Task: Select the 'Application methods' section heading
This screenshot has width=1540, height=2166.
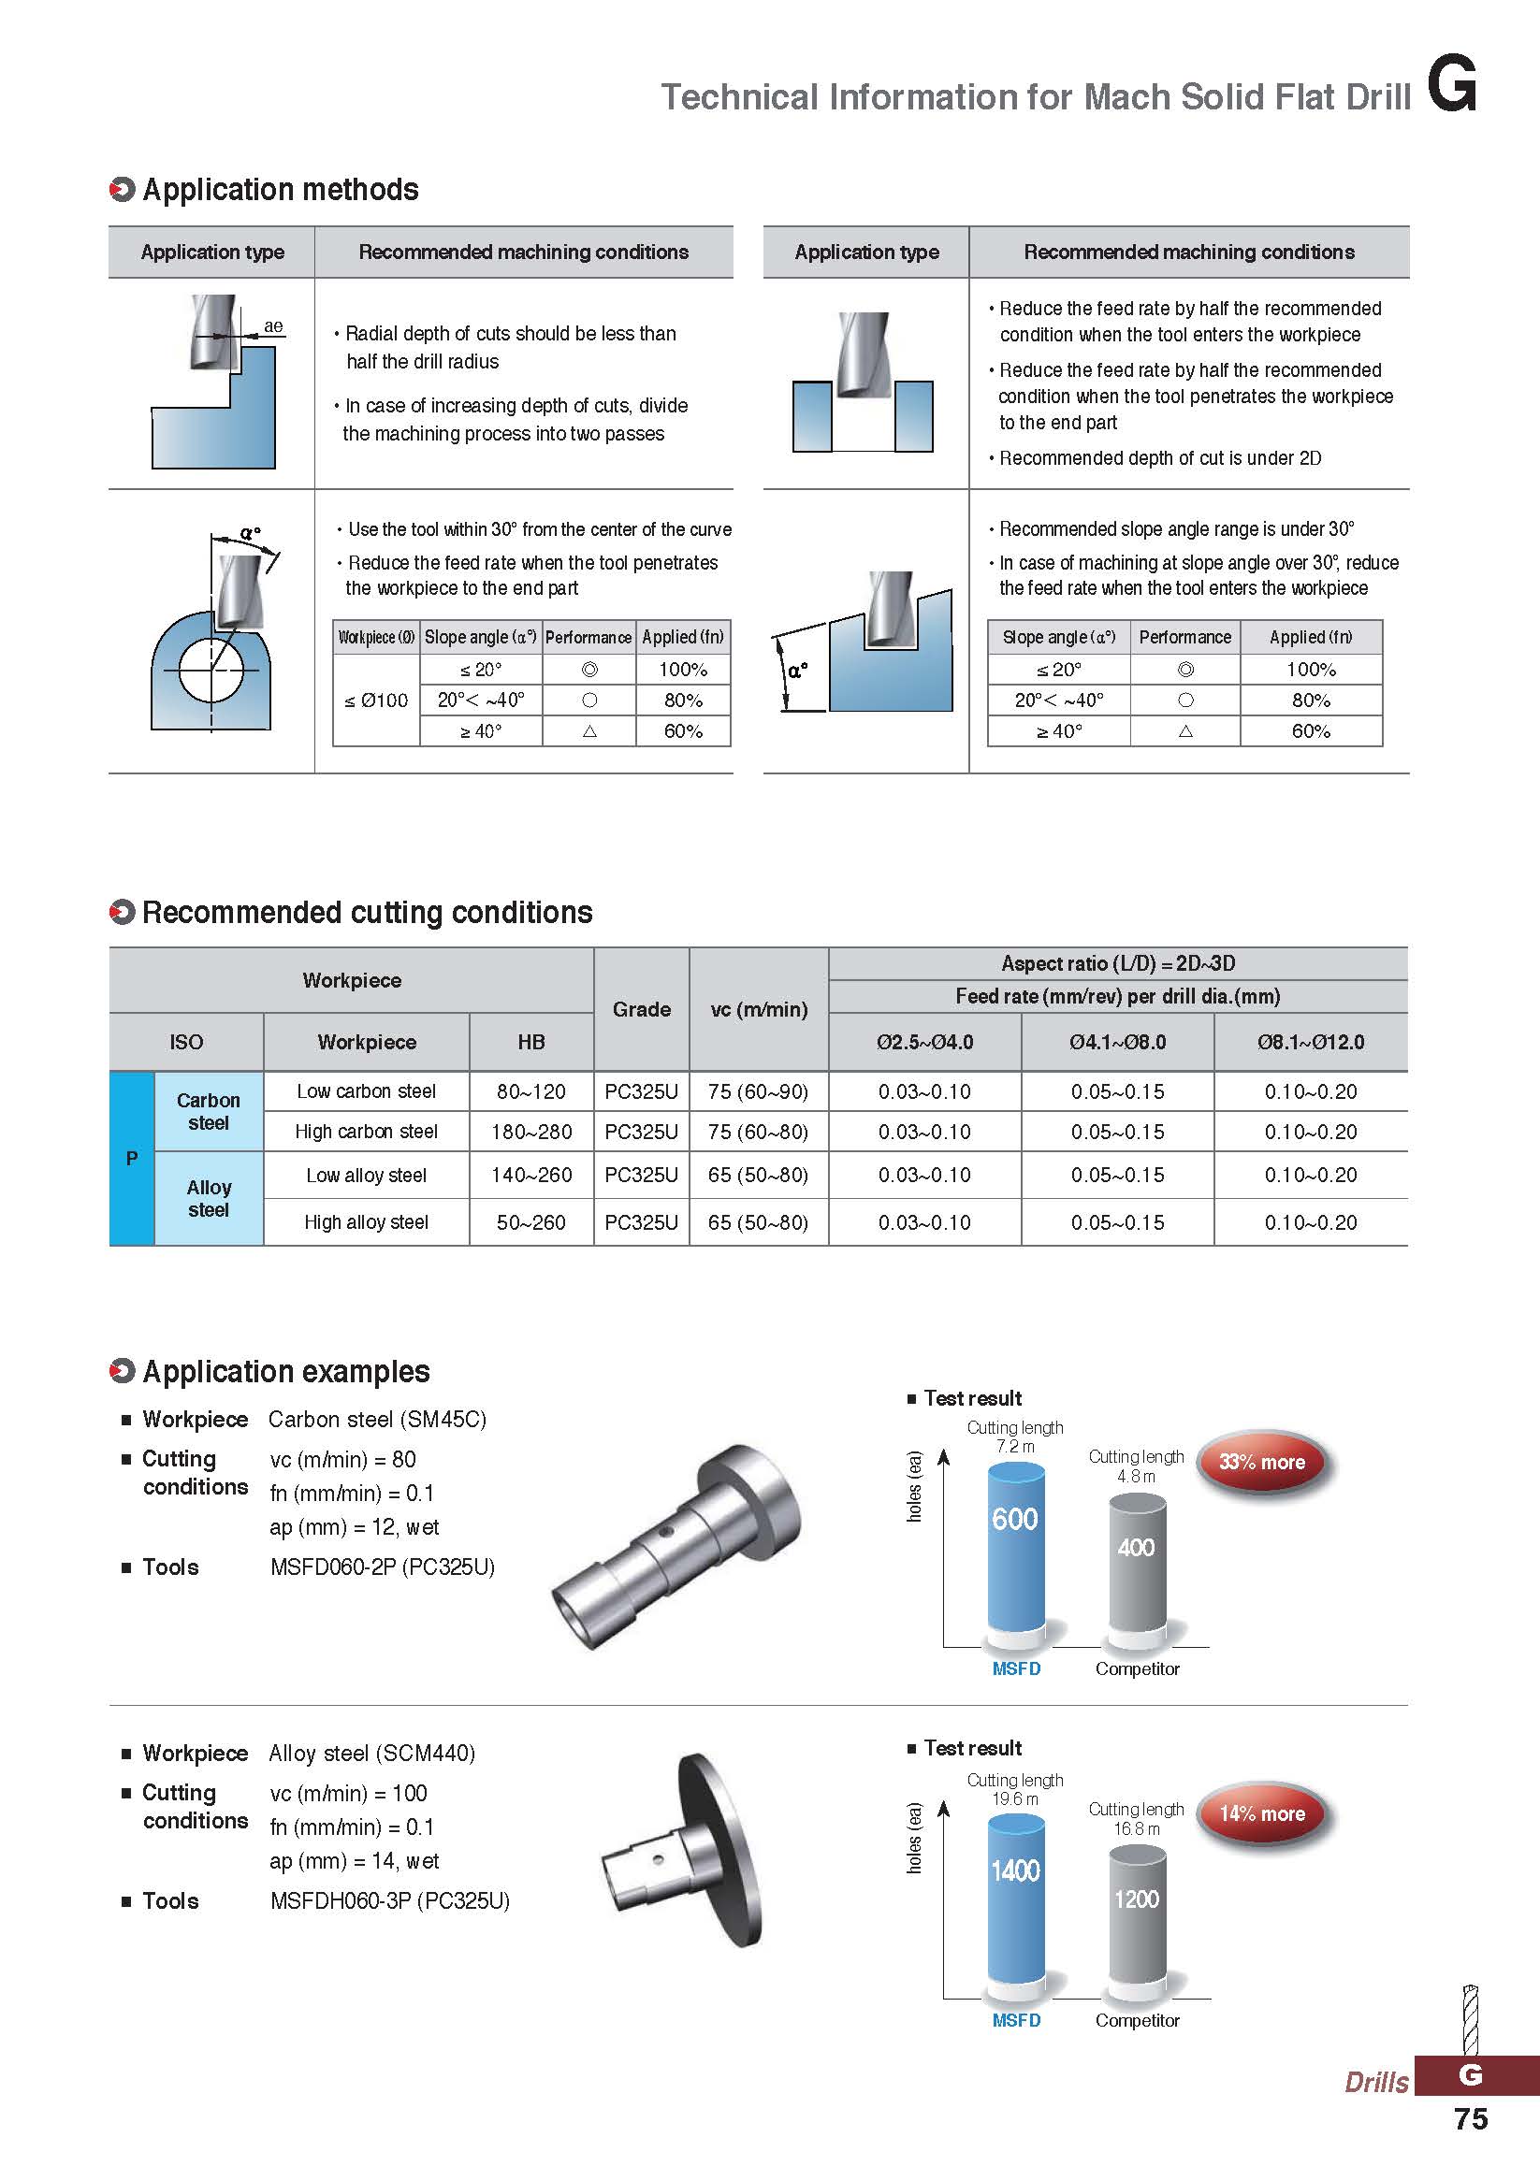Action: pos(280,190)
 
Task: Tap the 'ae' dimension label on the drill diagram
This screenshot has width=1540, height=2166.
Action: pos(273,326)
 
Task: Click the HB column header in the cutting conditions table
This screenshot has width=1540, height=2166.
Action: pos(531,1042)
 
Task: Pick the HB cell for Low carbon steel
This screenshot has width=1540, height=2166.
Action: pos(531,1091)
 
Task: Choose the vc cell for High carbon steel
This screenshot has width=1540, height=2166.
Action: pos(758,1132)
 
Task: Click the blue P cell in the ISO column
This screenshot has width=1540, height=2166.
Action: pos(132,1158)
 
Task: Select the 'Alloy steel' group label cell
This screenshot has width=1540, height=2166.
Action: pos(209,1198)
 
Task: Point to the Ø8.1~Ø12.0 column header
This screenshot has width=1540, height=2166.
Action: pos(1311,1042)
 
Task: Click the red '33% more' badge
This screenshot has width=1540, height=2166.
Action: pos(1262,1462)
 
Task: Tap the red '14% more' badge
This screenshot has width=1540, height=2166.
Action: pos(1262,1813)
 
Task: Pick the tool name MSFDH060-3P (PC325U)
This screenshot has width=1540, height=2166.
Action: pos(390,1900)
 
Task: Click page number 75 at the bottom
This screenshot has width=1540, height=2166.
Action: pos(1471,2119)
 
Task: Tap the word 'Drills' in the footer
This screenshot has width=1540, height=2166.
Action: pos(1376,2082)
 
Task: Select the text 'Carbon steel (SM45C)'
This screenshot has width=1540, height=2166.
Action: pos(377,1419)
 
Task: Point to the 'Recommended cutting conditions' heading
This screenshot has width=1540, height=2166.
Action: pos(367,912)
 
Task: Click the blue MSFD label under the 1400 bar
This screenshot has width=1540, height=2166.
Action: pos(1017,2020)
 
